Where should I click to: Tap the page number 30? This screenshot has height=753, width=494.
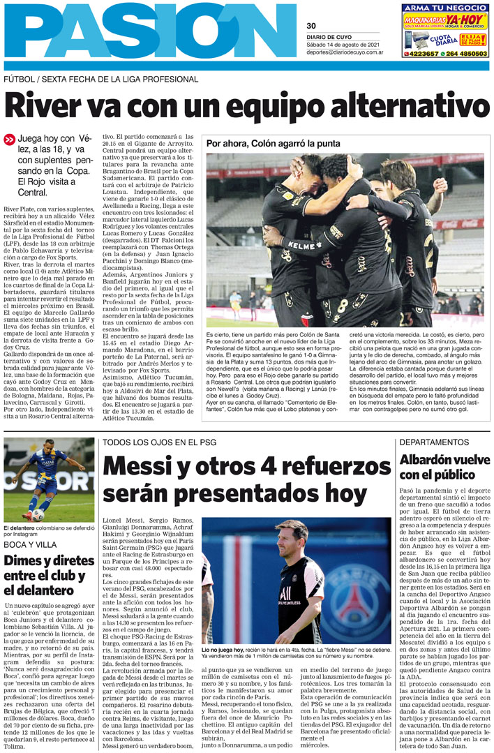311,27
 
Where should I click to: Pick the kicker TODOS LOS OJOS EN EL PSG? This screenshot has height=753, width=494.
158,442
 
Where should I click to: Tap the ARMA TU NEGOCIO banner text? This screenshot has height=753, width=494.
445,7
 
